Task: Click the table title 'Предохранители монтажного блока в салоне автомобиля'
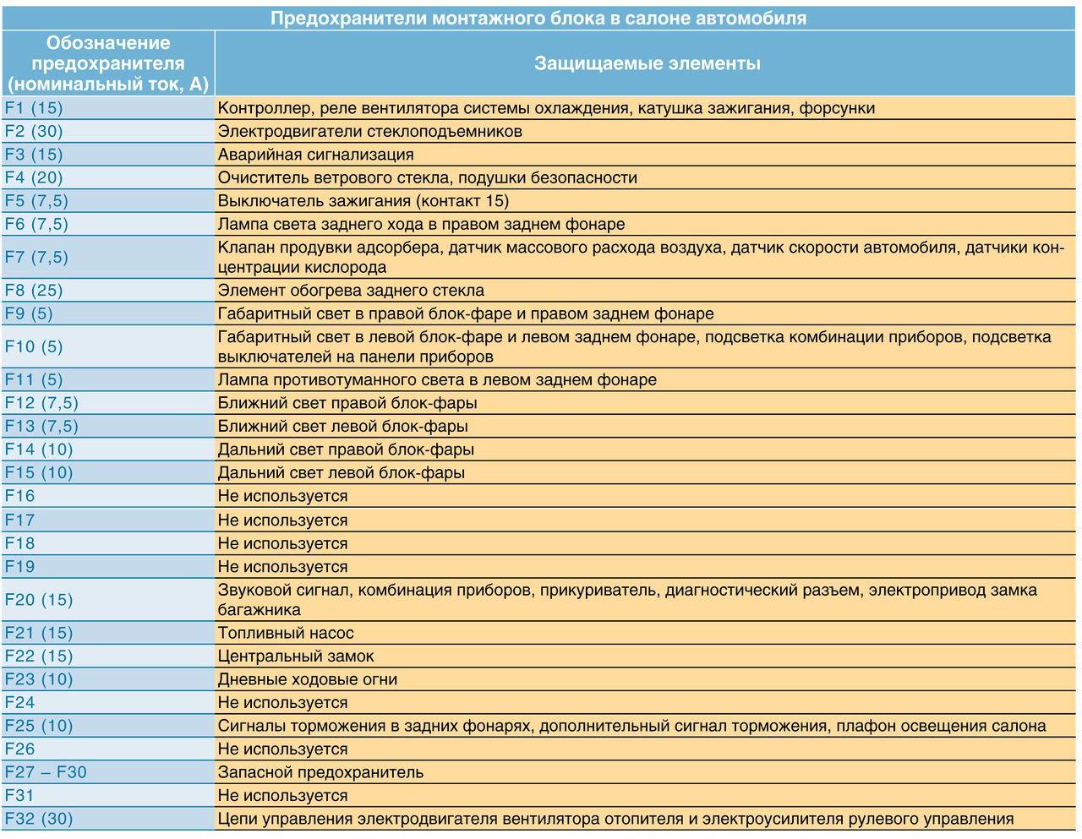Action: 538,18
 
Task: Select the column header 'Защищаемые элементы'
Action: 647,63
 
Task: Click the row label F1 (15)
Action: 34,108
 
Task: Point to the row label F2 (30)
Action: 34,131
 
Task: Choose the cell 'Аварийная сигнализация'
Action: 315,155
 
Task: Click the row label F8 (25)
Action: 34,291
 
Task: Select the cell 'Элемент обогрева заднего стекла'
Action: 351,291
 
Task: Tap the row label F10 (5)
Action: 34,346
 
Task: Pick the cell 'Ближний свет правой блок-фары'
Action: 347,403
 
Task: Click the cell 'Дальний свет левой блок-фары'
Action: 342,473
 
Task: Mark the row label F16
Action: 20,496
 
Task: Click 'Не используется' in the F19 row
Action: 282,567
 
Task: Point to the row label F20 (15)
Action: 39,600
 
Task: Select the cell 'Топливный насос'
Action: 286,633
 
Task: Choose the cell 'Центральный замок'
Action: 296,656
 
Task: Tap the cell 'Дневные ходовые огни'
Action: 307,679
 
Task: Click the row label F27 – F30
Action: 46,772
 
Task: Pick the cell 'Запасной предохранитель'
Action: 320,772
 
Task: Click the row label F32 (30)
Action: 39,819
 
